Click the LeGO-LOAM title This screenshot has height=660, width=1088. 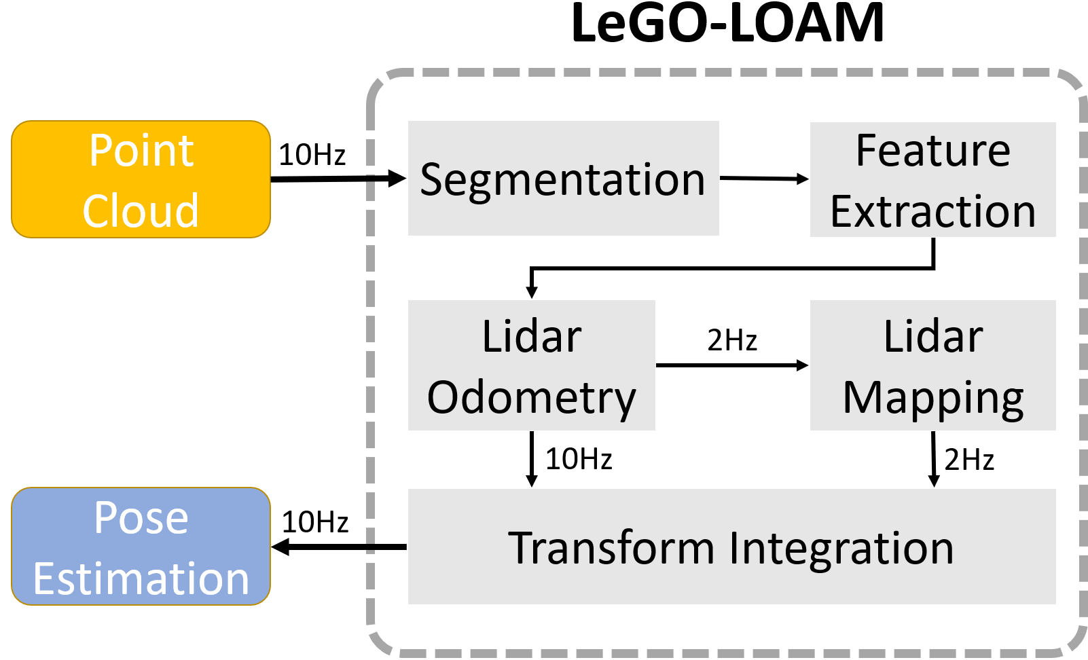(727, 23)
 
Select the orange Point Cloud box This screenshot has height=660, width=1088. (141, 179)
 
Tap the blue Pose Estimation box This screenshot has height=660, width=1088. (141, 547)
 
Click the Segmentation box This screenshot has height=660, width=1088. (563, 179)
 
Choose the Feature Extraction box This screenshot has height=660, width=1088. (932, 180)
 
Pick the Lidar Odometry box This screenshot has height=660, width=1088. (531, 365)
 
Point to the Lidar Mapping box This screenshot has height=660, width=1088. (932, 365)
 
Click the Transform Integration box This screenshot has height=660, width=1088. (731, 547)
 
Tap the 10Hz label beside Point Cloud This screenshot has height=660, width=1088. (312, 155)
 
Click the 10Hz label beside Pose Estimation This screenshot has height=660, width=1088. (315, 522)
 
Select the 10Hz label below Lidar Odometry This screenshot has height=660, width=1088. (579, 459)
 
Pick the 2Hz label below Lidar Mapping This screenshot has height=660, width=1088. (969, 460)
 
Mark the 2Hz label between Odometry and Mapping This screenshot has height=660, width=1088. (731, 340)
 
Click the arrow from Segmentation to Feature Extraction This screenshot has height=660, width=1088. (764, 179)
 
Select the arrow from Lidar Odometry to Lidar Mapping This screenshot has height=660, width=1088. (732, 365)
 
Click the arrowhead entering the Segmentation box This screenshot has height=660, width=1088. (397, 179)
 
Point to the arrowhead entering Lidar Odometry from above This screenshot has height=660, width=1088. (532, 291)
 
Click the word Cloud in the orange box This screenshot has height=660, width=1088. (141, 210)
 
